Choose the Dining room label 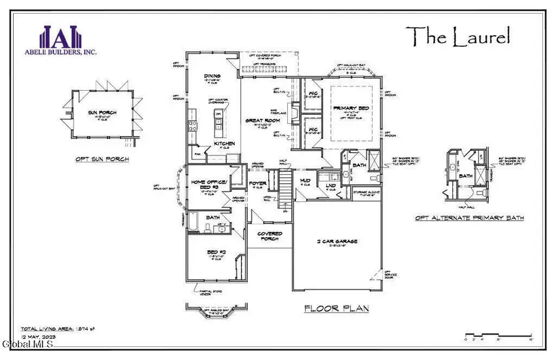pyautogui.click(x=213, y=77)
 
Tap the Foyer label pyautogui.click(x=258, y=183)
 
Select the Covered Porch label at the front pyautogui.click(x=270, y=237)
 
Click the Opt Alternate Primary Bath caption pyautogui.click(x=470, y=218)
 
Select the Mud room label pyautogui.click(x=305, y=182)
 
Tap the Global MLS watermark pyautogui.click(x=19, y=353)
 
